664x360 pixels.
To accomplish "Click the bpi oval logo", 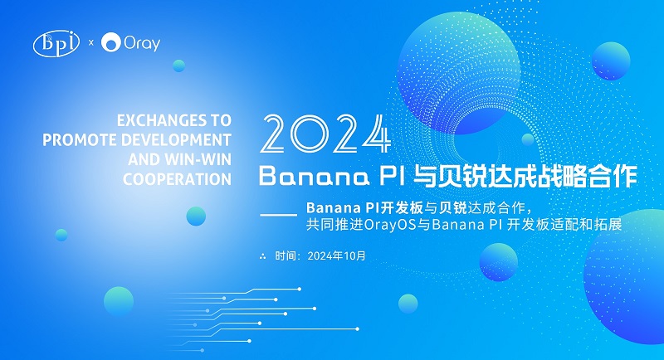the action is (x=56, y=43).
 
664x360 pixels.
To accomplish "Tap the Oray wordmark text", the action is (x=142, y=43).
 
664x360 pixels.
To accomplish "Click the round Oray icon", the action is (x=111, y=42).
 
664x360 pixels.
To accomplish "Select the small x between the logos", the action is (x=90, y=43).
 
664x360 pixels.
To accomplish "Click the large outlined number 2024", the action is (x=325, y=134).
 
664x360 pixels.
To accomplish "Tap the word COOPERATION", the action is (x=177, y=179).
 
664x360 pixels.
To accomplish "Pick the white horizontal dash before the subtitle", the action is (x=278, y=215).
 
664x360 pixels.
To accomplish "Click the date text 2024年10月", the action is (x=336, y=256).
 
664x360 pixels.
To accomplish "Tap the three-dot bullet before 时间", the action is (x=262, y=256).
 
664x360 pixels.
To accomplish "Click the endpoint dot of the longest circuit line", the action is (x=358, y=328).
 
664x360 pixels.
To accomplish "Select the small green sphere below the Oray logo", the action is (x=178, y=66).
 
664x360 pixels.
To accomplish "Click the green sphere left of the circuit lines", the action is (x=119, y=301).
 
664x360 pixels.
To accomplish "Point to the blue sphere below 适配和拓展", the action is (x=499, y=262).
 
